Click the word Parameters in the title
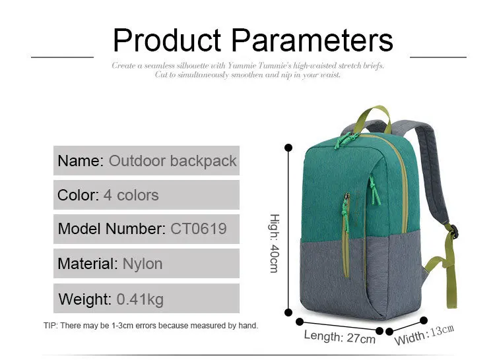312,40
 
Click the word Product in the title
167,40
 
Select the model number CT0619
199,229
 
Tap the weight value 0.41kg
140,299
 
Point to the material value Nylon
143,264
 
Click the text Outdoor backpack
173,161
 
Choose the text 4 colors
131,195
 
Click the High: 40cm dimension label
275,243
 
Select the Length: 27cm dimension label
340,337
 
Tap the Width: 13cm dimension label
424,335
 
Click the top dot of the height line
288,148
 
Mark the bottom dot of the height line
288,313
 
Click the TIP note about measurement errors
151,326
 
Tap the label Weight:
85,299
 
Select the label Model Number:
112,229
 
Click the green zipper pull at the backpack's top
346,139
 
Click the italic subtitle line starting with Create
247,65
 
